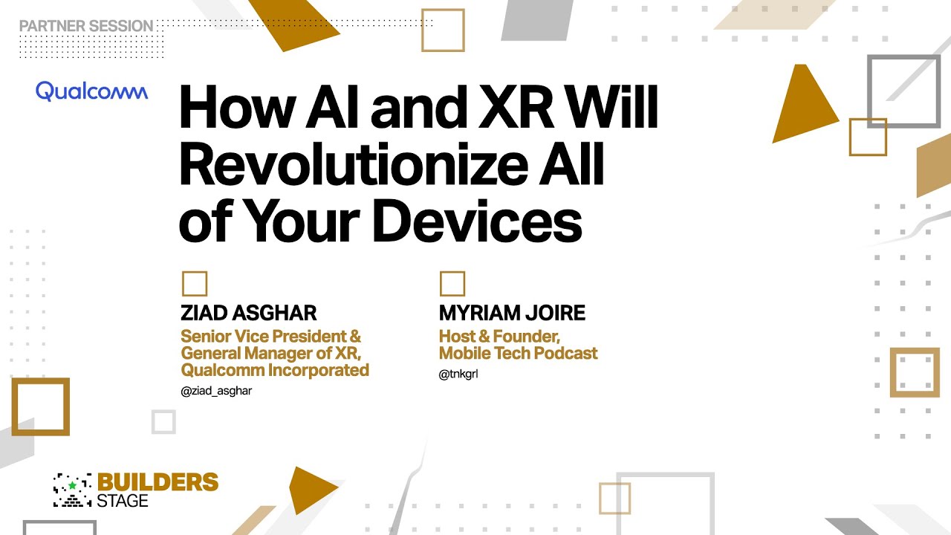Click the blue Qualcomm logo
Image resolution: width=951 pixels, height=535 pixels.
pos(91,91)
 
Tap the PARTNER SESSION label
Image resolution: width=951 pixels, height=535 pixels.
pos(86,26)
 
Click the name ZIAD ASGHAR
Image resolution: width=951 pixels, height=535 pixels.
pos(248,313)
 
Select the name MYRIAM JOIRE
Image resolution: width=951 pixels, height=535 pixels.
pos(512,313)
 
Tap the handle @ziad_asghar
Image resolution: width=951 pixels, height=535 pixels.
pos(216,391)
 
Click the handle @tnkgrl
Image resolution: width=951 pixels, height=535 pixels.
pos(458,374)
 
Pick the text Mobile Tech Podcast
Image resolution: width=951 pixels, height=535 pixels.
pos(518,353)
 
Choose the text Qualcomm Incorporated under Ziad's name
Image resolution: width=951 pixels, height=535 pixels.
pos(275,369)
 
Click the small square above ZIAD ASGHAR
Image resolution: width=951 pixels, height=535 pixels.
pos(195,284)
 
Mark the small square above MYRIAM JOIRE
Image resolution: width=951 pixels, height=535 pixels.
pos(452,284)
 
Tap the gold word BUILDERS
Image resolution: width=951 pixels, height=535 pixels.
pos(158,483)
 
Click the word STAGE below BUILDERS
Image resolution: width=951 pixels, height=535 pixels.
pos(123,501)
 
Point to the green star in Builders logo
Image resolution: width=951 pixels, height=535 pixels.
pos(72,485)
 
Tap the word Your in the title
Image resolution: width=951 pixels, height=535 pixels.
pos(302,221)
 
